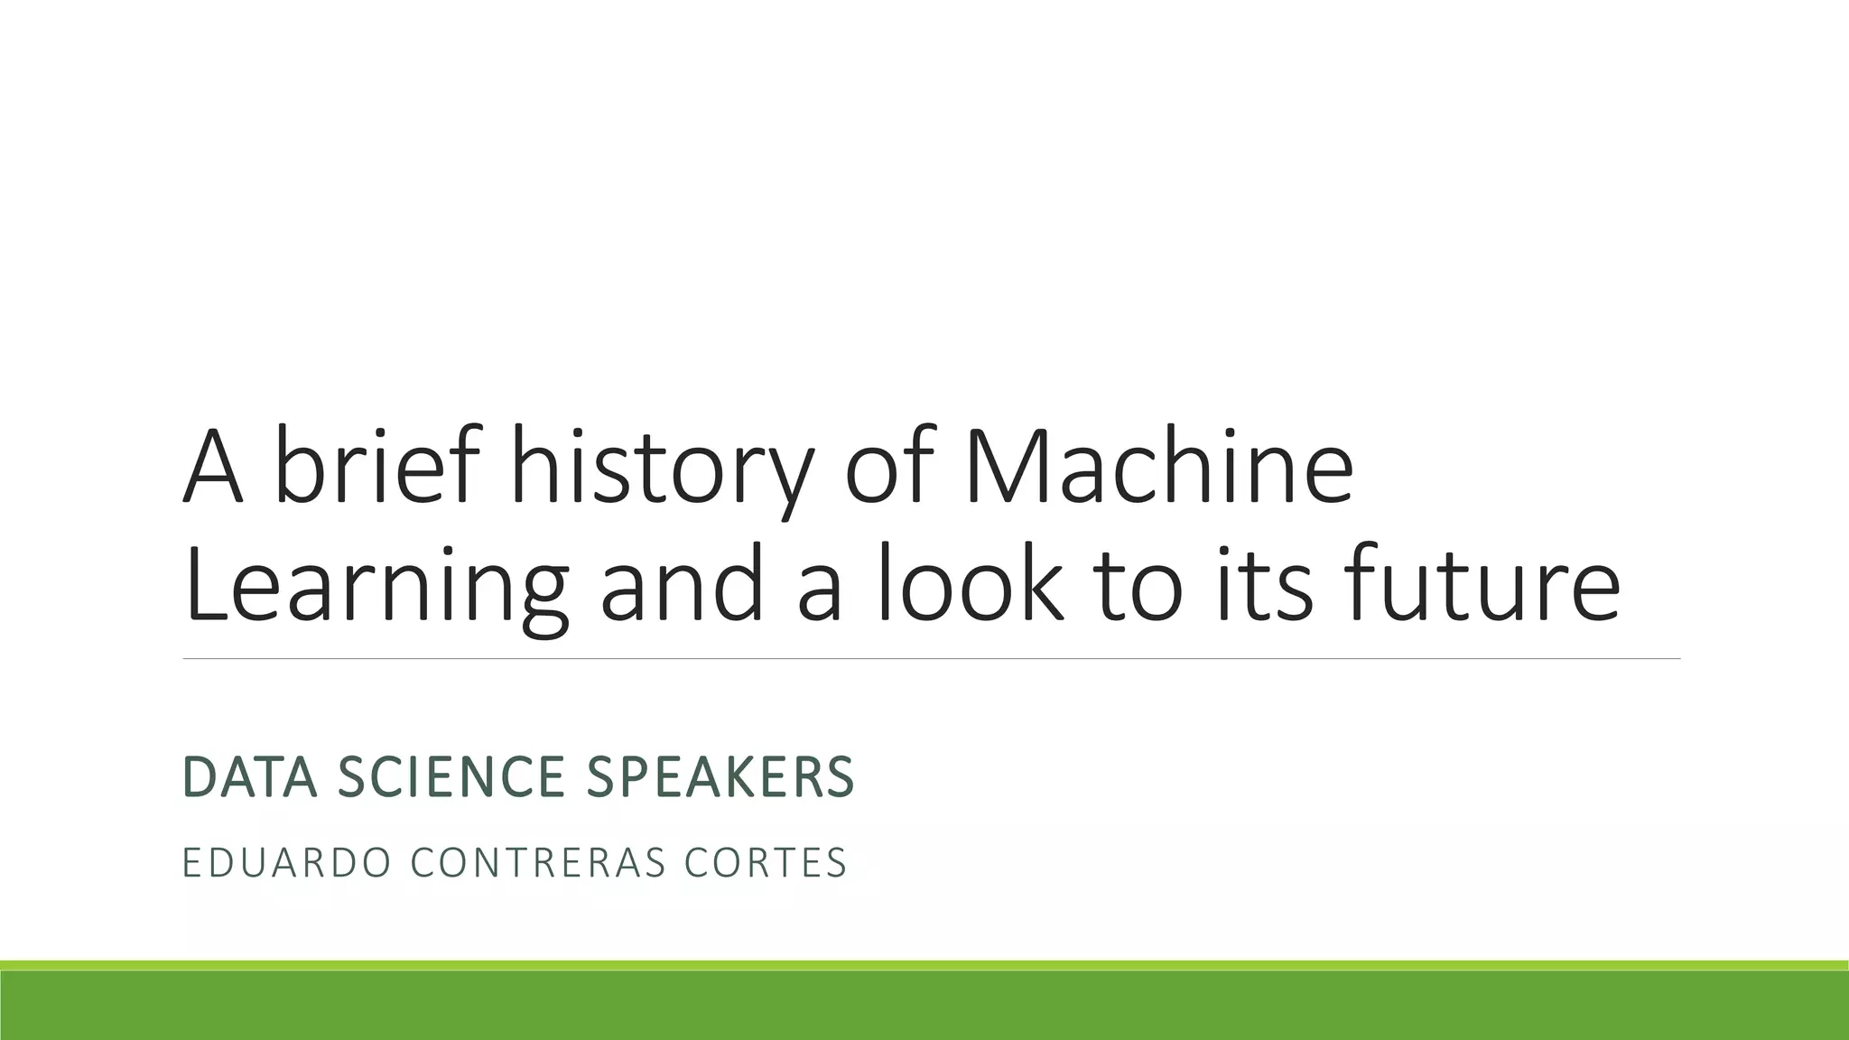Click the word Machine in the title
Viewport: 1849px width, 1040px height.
1159,468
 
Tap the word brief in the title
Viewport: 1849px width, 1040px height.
376,468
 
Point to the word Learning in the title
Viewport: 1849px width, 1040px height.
376,585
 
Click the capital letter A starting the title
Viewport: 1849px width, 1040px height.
213,468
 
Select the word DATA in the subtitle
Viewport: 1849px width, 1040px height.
250,777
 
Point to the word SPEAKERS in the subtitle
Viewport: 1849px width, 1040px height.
720,777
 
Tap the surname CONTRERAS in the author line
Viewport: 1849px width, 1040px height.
538,862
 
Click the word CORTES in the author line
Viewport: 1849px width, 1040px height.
767,862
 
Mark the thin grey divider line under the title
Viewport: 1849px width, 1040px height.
930,659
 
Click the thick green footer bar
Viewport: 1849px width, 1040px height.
924,1004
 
